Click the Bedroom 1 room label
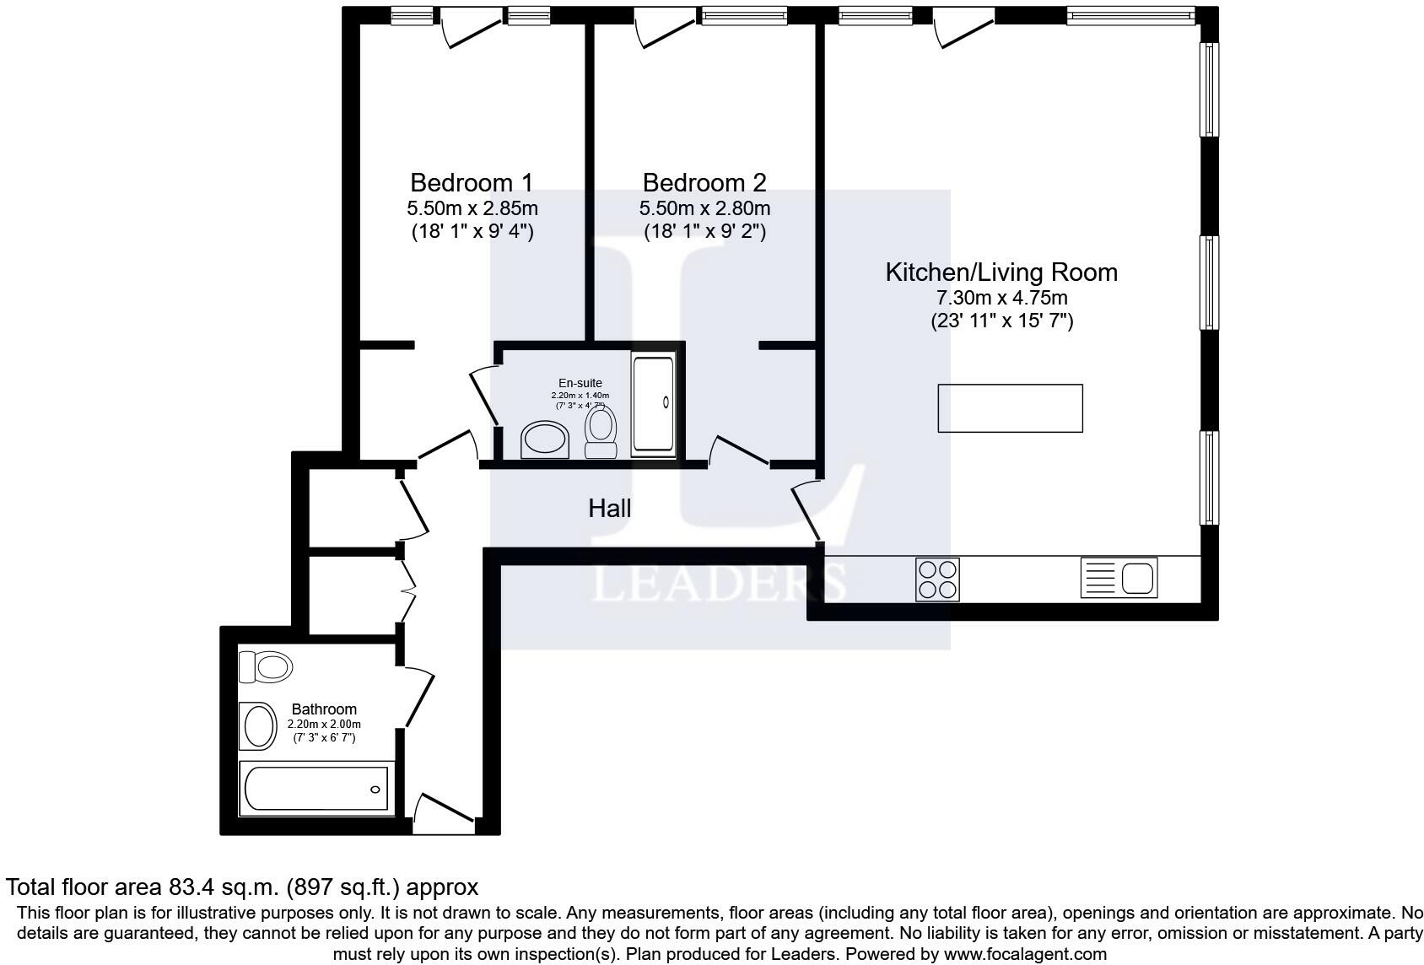[472, 182]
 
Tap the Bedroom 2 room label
[704, 182]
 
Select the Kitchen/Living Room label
[1001, 272]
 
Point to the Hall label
[609, 508]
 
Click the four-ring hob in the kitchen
[937, 580]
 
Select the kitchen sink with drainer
[1119, 579]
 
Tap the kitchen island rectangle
[1010, 408]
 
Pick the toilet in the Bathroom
[266, 667]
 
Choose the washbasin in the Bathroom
[257, 725]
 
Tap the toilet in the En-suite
[601, 430]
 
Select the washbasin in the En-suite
[545, 439]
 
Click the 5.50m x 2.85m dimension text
[472, 208]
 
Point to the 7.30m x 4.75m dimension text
[1001, 298]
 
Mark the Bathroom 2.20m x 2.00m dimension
[324, 725]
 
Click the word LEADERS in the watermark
[717, 583]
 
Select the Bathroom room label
[324, 709]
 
